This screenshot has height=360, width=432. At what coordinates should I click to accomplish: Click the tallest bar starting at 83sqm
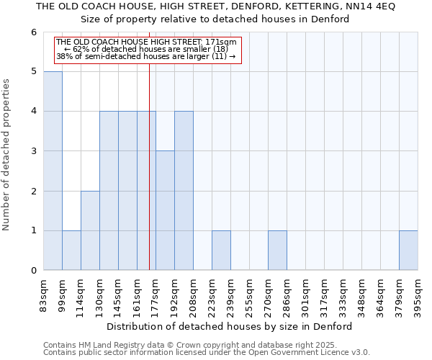[53, 171]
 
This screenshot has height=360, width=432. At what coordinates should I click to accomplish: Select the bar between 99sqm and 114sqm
[71, 251]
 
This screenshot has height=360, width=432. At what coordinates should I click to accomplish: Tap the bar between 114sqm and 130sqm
[90, 230]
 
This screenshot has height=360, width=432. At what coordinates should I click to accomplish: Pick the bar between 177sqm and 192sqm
[165, 210]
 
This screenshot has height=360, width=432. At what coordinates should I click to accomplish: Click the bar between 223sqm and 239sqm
[221, 251]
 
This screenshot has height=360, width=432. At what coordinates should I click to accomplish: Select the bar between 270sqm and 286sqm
[277, 251]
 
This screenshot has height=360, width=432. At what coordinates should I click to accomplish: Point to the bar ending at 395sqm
[408, 251]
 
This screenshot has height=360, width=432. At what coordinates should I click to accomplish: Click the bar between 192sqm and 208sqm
[184, 191]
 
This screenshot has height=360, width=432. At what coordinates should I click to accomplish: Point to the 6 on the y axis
[33, 32]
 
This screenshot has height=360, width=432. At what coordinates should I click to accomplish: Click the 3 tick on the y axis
[33, 151]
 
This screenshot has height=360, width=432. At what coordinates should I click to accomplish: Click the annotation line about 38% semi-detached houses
[145, 56]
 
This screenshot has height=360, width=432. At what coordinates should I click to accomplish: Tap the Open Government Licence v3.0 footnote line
[207, 352]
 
